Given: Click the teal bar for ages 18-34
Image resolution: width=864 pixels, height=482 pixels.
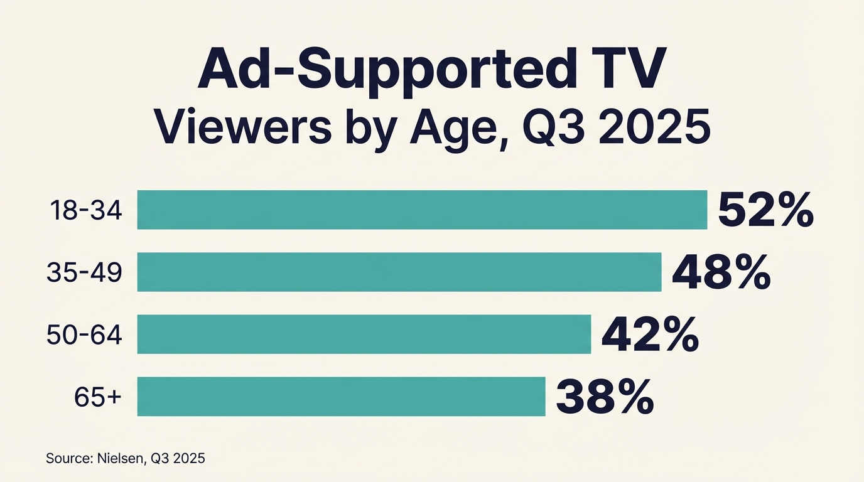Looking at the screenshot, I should [x=422, y=210].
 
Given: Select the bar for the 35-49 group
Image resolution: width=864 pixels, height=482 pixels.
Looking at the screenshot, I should [x=399, y=272].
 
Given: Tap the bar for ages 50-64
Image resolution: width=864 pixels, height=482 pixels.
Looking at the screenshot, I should [x=364, y=334].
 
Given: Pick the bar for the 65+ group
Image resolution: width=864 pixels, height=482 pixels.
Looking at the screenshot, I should [x=341, y=396].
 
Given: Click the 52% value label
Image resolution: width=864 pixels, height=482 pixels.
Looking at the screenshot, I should [x=765, y=211].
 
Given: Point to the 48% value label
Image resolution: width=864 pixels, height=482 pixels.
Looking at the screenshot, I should [x=721, y=273].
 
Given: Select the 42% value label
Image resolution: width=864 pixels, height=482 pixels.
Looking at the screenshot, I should [x=650, y=335].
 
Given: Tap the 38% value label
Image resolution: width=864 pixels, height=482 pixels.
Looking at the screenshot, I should [x=605, y=398].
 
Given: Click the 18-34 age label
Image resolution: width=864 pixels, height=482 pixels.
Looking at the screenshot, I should [x=85, y=211].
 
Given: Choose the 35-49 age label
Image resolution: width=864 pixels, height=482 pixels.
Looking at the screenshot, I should [x=84, y=273].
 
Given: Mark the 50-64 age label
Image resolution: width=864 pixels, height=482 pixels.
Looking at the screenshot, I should [x=84, y=335].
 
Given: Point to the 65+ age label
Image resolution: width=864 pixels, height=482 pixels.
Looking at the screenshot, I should [x=97, y=397].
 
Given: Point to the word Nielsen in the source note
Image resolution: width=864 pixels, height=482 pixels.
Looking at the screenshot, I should [x=122, y=459].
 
